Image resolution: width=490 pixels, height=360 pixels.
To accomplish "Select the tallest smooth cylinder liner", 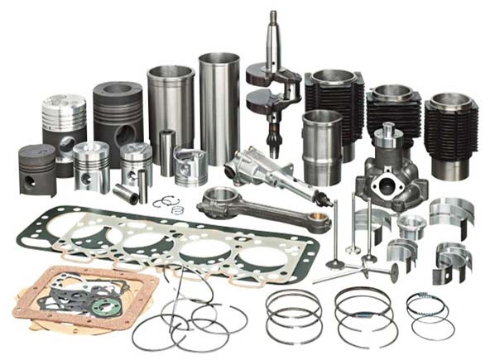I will [x=219, y=108].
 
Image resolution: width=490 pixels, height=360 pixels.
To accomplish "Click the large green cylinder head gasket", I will [x=166, y=240].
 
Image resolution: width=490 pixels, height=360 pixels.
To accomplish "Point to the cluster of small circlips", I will [x=171, y=204].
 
